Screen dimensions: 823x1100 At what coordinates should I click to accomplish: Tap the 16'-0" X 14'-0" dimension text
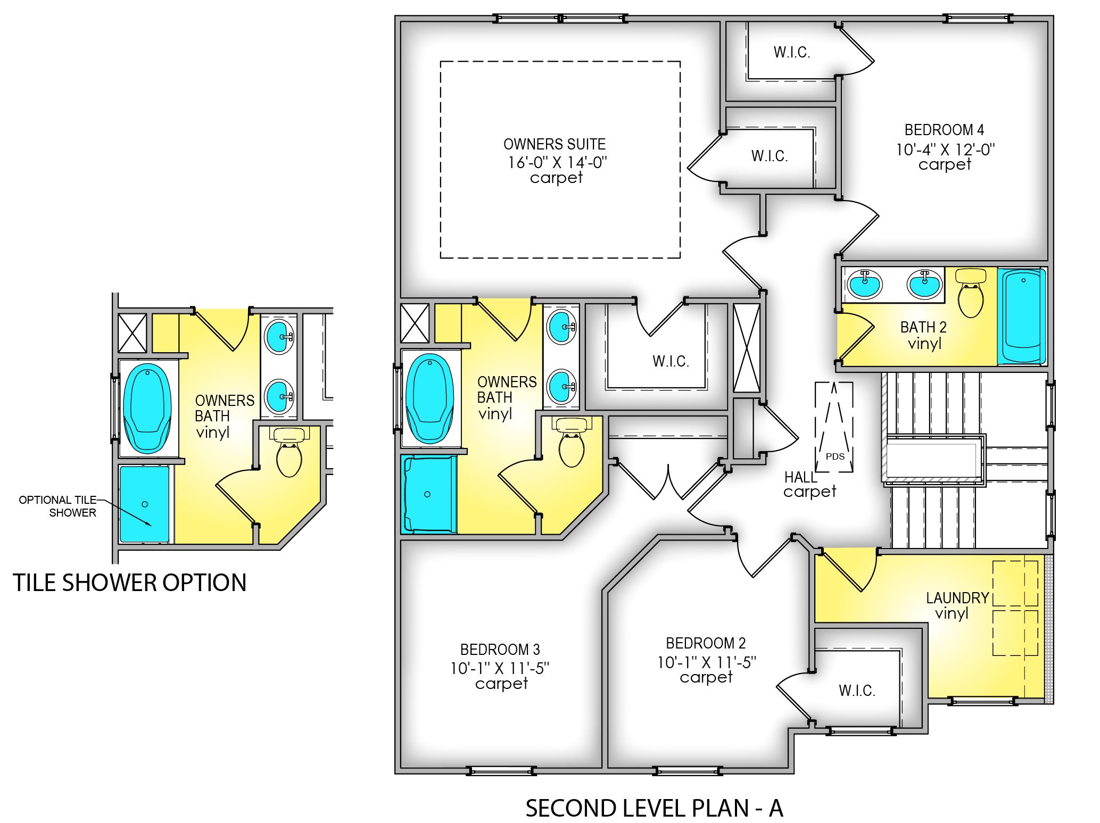coord(557,162)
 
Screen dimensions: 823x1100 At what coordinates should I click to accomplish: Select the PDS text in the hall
coord(834,456)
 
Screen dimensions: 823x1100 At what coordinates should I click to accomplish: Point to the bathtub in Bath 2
coord(1022,317)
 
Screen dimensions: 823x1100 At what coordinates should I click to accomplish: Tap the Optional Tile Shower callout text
coord(57,506)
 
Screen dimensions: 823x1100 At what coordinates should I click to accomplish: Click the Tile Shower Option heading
coord(129,583)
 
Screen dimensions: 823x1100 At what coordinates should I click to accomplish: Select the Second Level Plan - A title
coord(654,808)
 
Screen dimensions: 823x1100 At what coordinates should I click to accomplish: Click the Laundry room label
coord(957,598)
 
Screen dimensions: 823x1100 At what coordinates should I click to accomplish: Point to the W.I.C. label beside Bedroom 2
coord(857,691)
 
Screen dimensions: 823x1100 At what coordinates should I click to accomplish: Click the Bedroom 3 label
coord(500,650)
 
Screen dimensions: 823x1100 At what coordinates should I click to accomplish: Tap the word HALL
coord(800,477)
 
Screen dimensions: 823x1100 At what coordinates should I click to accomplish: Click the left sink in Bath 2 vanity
coord(865,284)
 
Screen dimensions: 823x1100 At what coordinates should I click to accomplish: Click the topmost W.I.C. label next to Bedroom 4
coord(791,52)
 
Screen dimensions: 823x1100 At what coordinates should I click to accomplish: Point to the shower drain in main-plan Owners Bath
coord(427,494)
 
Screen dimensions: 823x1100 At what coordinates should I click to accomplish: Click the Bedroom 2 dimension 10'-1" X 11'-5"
coord(706,662)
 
